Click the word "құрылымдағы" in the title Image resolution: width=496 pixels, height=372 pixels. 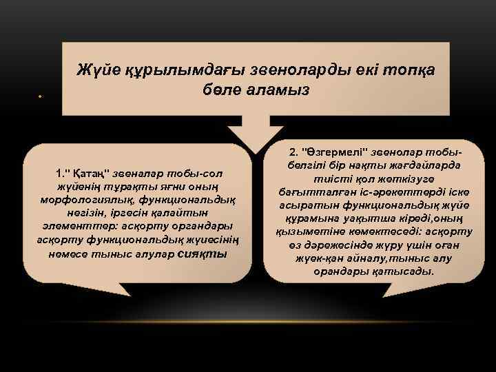159,70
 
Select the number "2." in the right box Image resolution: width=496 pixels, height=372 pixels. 295,151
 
